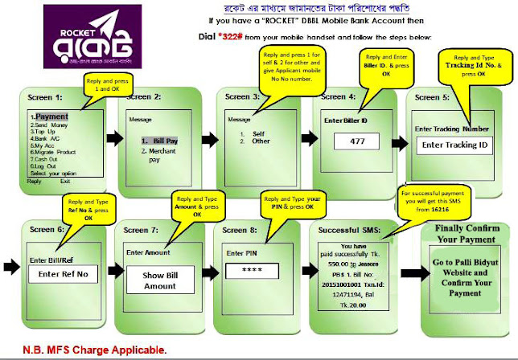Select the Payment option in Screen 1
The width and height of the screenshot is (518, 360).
pyautogui.click(x=52, y=117)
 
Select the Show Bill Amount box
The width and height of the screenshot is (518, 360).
pyautogui.click(x=159, y=280)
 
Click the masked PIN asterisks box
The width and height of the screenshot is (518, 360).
pyautogui.click(x=257, y=270)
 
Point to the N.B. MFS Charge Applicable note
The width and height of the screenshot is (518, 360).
pyautogui.click(x=85, y=350)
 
